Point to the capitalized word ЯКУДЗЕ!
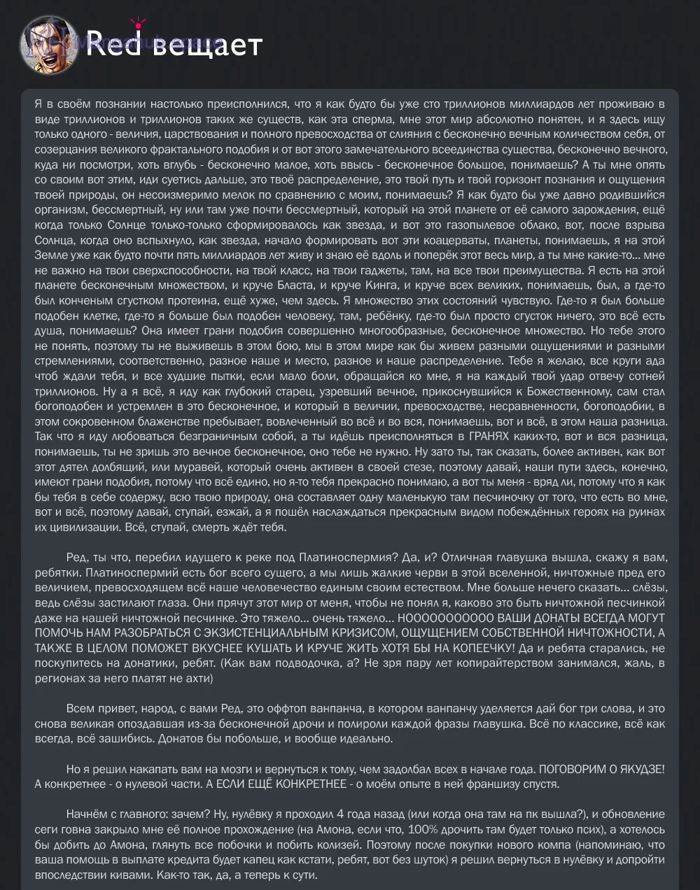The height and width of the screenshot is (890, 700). tap(635, 769)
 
